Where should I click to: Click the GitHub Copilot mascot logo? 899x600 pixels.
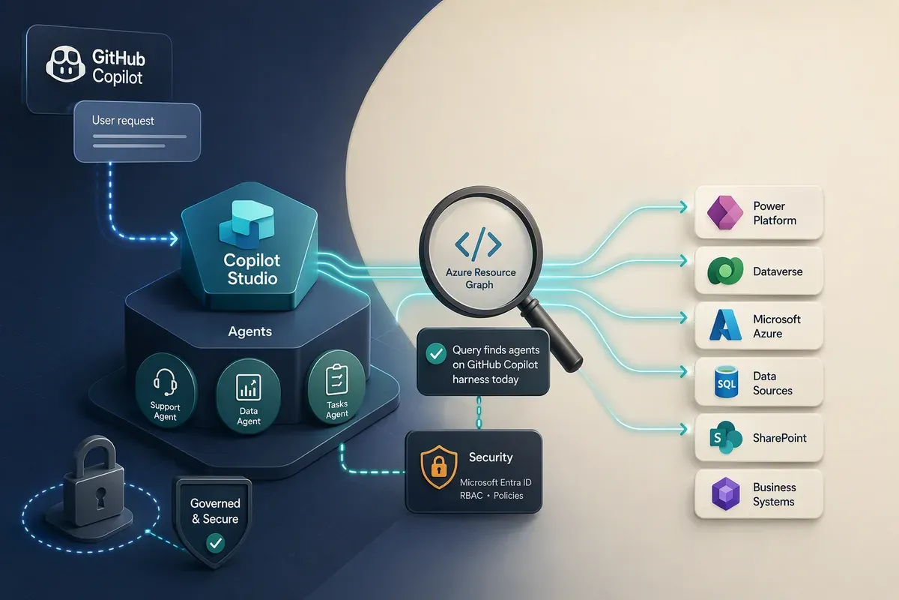65,64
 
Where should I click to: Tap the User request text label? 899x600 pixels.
123,121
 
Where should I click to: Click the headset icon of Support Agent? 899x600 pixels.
165,382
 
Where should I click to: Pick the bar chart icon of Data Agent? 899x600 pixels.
249,388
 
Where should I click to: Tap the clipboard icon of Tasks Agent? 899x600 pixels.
337,379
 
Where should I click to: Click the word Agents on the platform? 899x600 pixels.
250,331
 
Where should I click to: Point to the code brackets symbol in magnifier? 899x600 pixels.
479,244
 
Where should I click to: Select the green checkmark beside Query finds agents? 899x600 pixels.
436,354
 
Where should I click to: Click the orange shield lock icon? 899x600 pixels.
439,467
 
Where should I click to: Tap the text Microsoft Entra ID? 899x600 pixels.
496,482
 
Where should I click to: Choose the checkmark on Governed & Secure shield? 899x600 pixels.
216,543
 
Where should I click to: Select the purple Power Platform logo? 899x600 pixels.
725,212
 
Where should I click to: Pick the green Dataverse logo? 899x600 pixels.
725,271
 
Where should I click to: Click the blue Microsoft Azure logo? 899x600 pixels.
725,325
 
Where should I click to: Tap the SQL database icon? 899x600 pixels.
727,382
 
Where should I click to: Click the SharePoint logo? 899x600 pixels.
726,437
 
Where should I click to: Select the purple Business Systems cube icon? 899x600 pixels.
726,494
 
